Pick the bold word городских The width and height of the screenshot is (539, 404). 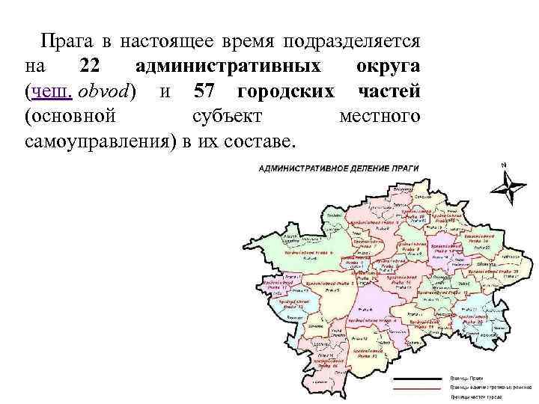pos(285,91)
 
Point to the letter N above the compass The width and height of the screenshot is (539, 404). pos(505,165)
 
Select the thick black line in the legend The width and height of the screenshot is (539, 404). pos(421,378)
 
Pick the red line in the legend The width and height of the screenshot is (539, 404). pos(421,389)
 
